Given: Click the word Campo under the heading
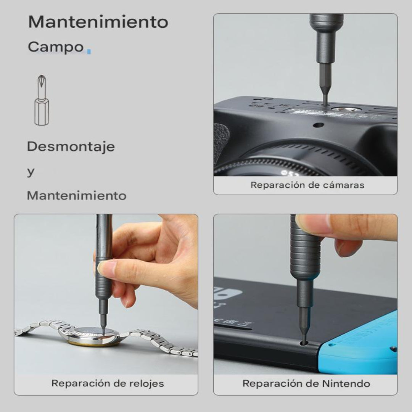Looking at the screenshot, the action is pos(56,47).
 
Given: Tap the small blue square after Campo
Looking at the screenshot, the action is pos(89,51).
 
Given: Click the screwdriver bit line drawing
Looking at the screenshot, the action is pos(42,100).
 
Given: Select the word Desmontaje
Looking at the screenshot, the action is pos(71,146).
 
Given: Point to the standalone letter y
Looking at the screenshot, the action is pos(31,172).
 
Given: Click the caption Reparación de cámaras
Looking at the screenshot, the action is pos(307,185).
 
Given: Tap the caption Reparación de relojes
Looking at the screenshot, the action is pos(108,383).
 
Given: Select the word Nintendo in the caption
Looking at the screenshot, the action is pos(346,384).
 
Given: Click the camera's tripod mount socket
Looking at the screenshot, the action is pos(343,110).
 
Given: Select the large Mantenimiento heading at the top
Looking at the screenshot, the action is pos(98,22).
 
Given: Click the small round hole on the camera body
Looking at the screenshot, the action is pos(319,125).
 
